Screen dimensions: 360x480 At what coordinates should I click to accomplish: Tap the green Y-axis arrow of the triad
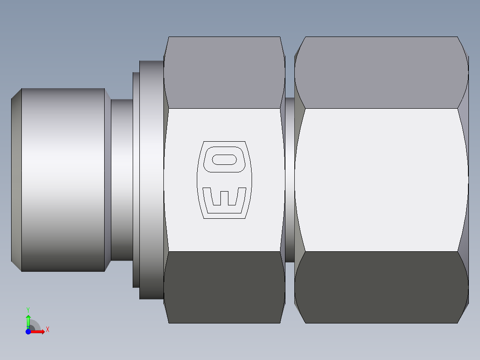(x=28, y=320)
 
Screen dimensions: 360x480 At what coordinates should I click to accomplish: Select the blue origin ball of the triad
(x=28, y=331)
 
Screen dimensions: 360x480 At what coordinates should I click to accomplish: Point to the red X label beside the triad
(x=47, y=330)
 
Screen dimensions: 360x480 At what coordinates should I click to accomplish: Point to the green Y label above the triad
(x=28, y=309)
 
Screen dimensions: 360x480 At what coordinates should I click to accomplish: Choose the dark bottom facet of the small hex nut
(x=224, y=287)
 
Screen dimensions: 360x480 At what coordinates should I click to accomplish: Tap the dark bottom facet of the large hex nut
(x=381, y=287)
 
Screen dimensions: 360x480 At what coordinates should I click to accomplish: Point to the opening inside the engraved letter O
(x=224, y=160)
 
